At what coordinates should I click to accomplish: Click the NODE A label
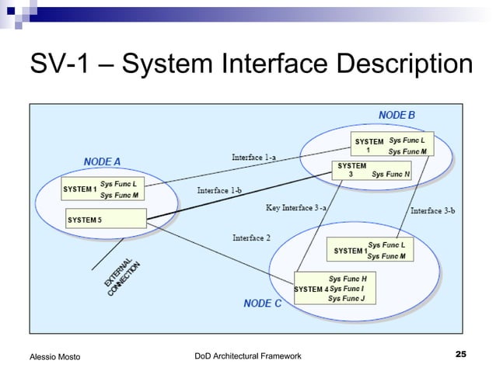point(102,161)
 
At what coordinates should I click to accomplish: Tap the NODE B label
point(396,115)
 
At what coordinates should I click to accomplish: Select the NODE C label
point(262,303)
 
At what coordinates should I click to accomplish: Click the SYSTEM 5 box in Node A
point(106,220)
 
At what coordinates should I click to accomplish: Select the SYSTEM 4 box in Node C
point(334,288)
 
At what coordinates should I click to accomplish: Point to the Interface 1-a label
point(253,158)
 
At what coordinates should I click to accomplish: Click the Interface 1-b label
point(218,190)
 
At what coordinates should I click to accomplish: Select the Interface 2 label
point(251,238)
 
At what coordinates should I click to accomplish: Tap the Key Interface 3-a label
point(296,208)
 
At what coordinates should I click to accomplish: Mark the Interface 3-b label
point(432,211)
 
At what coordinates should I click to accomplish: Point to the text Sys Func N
point(391,175)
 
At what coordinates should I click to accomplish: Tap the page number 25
point(460,355)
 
